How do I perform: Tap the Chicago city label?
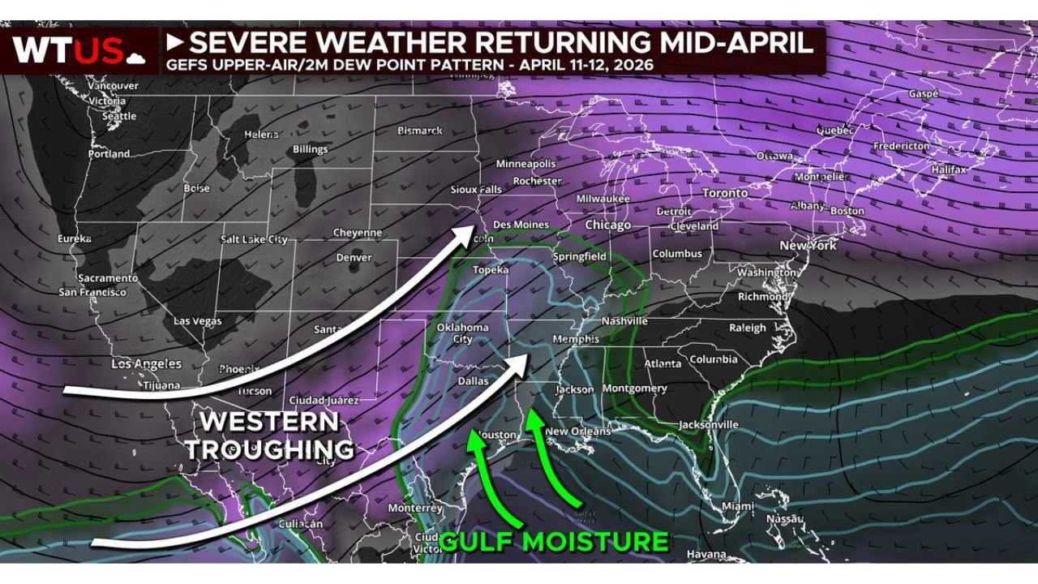(x=607, y=225)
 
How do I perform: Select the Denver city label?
(x=354, y=258)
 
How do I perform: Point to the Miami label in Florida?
(x=737, y=506)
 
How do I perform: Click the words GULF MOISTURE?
(x=554, y=541)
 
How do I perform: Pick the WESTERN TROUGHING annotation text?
(x=271, y=435)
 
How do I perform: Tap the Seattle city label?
(x=119, y=116)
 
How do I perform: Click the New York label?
(x=807, y=245)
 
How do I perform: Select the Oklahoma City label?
(x=463, y=333)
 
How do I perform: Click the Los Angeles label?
(x=146, y=364)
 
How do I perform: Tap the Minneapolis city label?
(x=525, y=163)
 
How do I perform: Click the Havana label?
(x=706, y=555)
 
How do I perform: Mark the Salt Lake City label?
(x=254, y=239)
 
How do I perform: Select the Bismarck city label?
(x=420, y=131)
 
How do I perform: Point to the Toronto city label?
(x=724, y=193)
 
